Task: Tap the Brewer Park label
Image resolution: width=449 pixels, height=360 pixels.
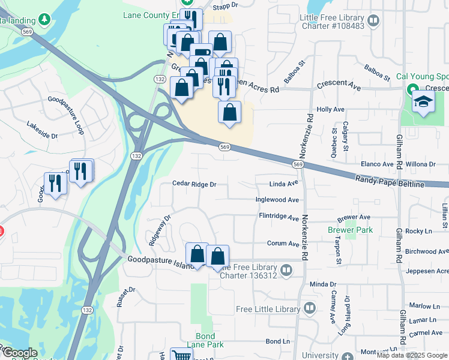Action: click(351, 230)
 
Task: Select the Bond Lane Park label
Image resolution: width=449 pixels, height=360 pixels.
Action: click(209, 340)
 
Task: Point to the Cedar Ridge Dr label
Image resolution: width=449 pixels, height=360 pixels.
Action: click(194, 184)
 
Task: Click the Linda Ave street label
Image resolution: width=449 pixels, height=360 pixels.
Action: click(284, 184)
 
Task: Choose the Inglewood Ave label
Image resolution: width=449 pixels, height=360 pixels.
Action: click(277, 199)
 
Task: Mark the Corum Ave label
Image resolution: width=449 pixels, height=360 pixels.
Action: click(283, 244)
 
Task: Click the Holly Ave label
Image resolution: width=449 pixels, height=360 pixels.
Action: click(331, 109)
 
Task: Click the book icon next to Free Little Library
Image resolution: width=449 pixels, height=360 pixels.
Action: click(310, 309)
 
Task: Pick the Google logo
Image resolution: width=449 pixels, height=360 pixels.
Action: click(19, 353)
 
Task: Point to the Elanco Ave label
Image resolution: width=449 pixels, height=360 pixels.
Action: click(377, 164)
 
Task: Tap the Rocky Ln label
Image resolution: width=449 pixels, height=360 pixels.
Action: click(418, 231)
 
